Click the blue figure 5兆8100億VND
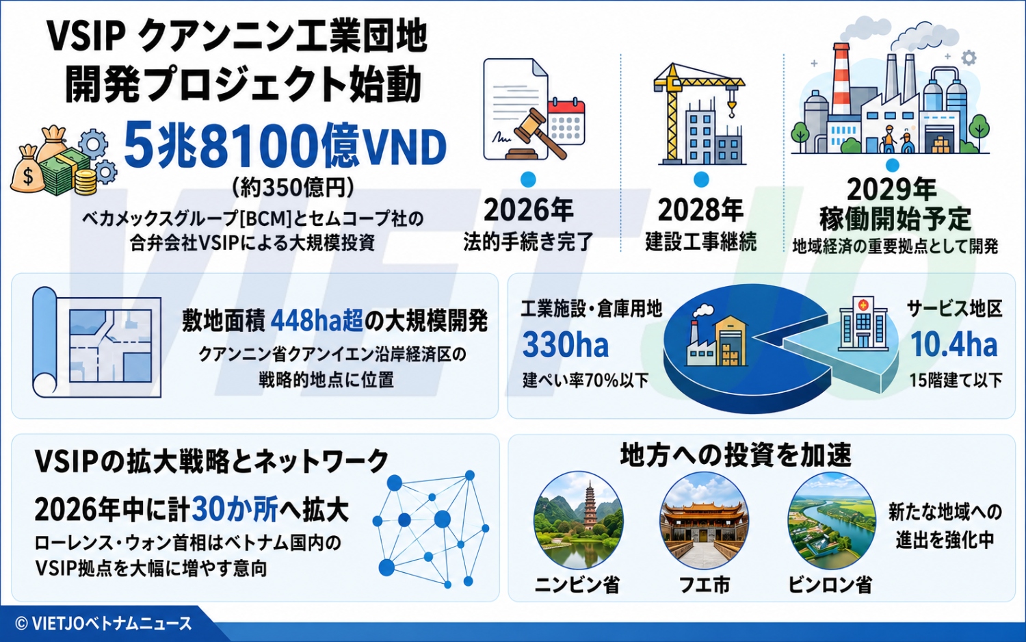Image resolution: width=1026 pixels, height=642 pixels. pyautogui.click(x=285, y=146)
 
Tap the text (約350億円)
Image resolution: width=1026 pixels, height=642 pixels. pyautogui.click(x=293, y=188)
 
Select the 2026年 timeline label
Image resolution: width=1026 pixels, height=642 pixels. pyautogui.click(x=528, y=210)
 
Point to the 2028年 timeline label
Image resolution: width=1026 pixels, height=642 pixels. pyautogui.click(x=701, y=210)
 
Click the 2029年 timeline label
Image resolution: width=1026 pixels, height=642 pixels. pyautogui.click(x=891, y=190)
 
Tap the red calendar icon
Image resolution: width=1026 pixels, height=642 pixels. pyautogui.click(x=566, y=121)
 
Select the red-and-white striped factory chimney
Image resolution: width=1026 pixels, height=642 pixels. pyautogui.click(x=841, y=81)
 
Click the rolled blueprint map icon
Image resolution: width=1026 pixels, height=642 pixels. pyautogui.click(x=96, y=342)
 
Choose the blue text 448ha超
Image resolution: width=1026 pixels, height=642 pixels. pyautogui.click(x=317, y=321)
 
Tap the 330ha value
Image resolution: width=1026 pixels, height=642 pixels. pyautogui.click(x=565, y=345)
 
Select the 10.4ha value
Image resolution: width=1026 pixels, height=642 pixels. pyautogui.click(x=953, y=344)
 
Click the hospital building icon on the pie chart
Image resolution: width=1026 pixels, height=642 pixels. pyautogui.click(x=863, y=322)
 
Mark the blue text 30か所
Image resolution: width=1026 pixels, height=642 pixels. pyautogui.click(x=235, y=509)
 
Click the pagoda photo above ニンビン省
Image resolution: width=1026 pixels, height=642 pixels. pyautogui.click(x=579, y=519)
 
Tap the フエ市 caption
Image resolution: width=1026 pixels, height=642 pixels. pyautogui.click(x=704, y=585)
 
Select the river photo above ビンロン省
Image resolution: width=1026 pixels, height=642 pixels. pyautogui.click(x=831, y=521)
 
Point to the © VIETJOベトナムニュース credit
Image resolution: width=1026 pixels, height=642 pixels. pyautogui.click(x=103, y=624)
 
